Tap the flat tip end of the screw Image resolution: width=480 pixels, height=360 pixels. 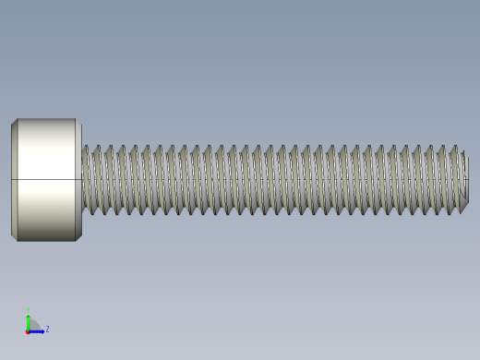[464, 180]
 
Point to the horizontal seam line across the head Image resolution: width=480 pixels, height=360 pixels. [46, 179]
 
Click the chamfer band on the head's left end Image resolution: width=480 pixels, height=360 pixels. [14, 180]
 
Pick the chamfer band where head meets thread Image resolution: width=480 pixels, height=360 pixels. [78, 180]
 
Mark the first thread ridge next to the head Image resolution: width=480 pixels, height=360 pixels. [86, 180]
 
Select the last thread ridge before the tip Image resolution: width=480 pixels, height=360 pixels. [452, 180]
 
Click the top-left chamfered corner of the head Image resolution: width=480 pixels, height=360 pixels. [14, 122]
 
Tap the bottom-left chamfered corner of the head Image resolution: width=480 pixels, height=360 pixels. [14, 238]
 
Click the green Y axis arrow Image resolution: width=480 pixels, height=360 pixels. [29, 320]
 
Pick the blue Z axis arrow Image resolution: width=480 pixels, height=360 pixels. [38, 330]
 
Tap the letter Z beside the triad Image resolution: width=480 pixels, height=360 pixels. [47, 329]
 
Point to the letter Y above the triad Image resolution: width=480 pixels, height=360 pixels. [29, 310]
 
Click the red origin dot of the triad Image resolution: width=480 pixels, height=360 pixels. [29, 330]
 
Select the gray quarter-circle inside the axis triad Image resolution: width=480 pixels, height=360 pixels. [33, 326]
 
